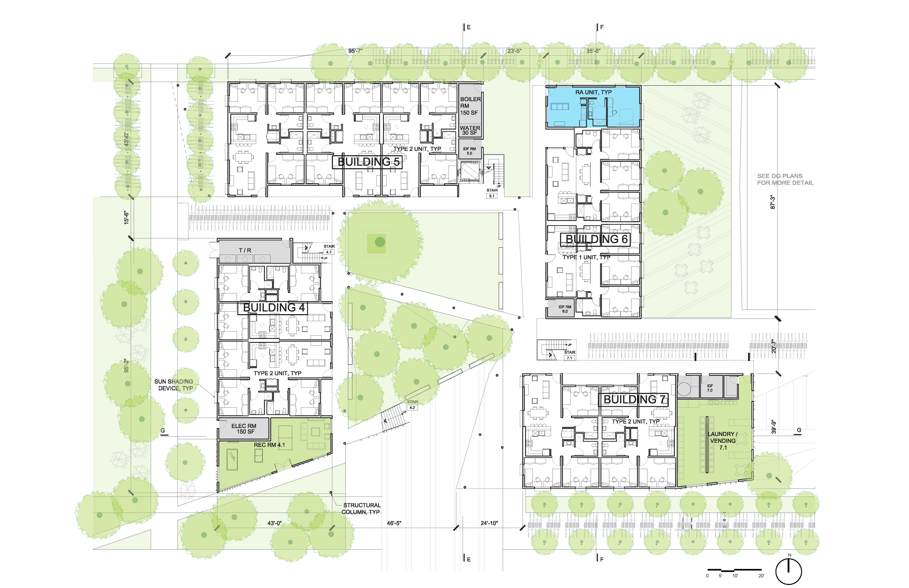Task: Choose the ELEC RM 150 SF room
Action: pos(244,428)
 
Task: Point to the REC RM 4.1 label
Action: pos(269,445)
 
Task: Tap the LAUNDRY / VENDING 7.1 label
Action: pos(723,441)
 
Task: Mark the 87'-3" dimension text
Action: pos(773,202)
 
